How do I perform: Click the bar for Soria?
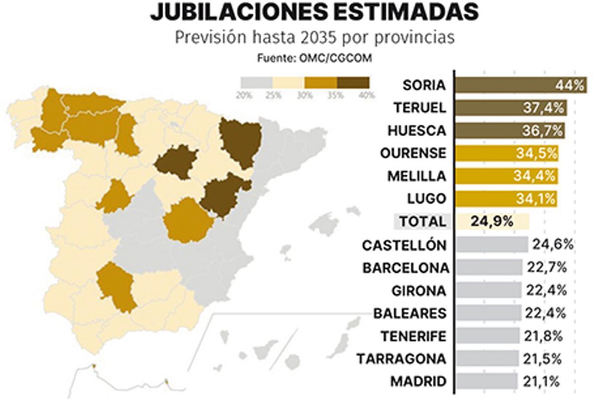tap(520, 85)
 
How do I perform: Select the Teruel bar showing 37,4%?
tap(511, 108)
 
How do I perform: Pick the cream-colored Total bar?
tap(492, 221)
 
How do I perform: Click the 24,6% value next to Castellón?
tap(552, 245)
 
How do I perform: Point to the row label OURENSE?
tap(413, 153)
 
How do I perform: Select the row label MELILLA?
tap(417, 176)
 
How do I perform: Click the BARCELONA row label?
tap(406, 268)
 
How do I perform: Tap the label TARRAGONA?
tap(401, 358)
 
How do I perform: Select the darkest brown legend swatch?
tap(353, 82)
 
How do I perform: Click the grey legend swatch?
tap(256, 82)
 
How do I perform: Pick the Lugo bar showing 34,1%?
tap(506, 199)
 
